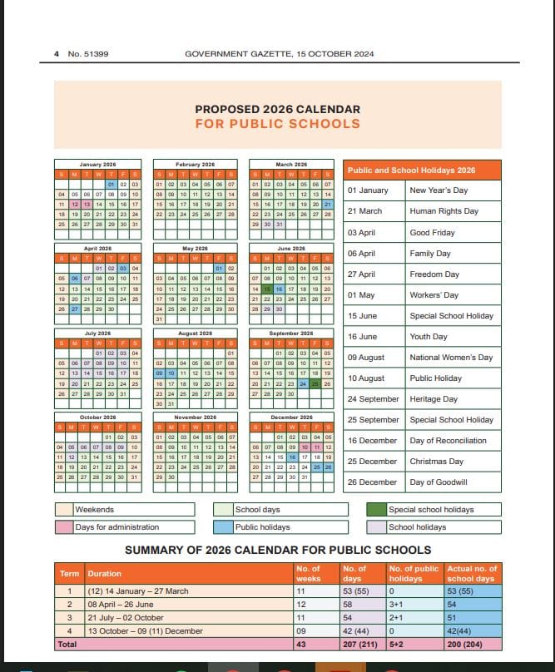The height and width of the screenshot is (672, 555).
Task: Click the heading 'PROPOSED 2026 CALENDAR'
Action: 277,109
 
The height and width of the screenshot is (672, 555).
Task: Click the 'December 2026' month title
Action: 291,418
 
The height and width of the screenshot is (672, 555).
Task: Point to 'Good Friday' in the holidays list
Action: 432,233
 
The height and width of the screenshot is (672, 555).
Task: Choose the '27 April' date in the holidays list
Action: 362,274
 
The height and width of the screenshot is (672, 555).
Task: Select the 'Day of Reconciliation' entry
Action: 448,441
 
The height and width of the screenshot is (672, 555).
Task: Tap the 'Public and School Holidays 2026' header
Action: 411,170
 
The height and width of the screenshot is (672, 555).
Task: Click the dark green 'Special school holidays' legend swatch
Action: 375,510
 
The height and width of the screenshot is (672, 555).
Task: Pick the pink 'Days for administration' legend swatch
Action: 64,527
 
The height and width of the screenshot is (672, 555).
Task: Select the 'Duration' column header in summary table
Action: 104,573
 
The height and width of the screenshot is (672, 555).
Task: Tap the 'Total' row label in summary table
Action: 67,644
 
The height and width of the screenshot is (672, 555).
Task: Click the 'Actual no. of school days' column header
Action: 471,573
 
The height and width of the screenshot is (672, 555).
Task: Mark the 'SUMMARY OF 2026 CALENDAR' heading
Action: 278,550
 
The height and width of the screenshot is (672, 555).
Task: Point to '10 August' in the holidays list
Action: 366,378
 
